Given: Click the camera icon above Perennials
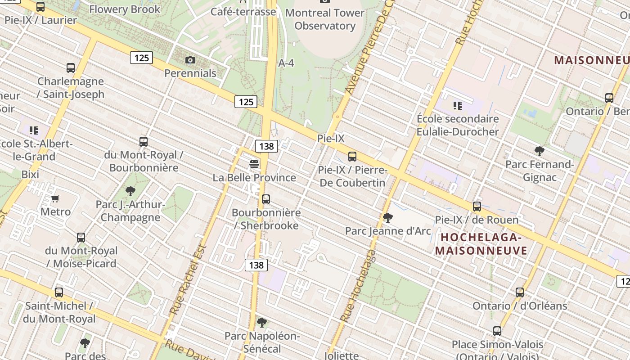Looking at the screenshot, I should (190, 60).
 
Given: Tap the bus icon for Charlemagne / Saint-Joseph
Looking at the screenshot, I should (71, 68).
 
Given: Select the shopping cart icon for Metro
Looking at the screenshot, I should (55, 198).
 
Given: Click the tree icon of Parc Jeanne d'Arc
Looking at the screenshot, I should (387, 218).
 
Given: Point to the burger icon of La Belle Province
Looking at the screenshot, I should (254, 164).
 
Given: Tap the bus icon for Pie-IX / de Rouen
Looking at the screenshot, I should (477, 207).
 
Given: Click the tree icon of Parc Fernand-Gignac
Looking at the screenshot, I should (540, 151).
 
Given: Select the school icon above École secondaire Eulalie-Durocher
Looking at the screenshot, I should (458, 106).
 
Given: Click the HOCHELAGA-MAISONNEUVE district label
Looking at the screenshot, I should (481, 244).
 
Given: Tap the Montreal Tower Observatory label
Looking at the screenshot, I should (325, 19).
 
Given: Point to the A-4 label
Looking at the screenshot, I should (286, 63).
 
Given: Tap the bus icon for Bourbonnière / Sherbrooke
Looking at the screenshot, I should (266, 199).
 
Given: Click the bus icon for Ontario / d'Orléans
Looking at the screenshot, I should (520, 292).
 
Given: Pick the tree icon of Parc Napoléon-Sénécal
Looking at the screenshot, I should (261, 322).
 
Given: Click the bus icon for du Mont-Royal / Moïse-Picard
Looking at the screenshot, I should (81, 237).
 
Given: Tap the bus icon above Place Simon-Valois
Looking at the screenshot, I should (497, 331).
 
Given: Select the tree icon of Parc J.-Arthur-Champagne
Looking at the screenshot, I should (130, 191).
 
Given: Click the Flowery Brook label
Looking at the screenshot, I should (125, 9).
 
